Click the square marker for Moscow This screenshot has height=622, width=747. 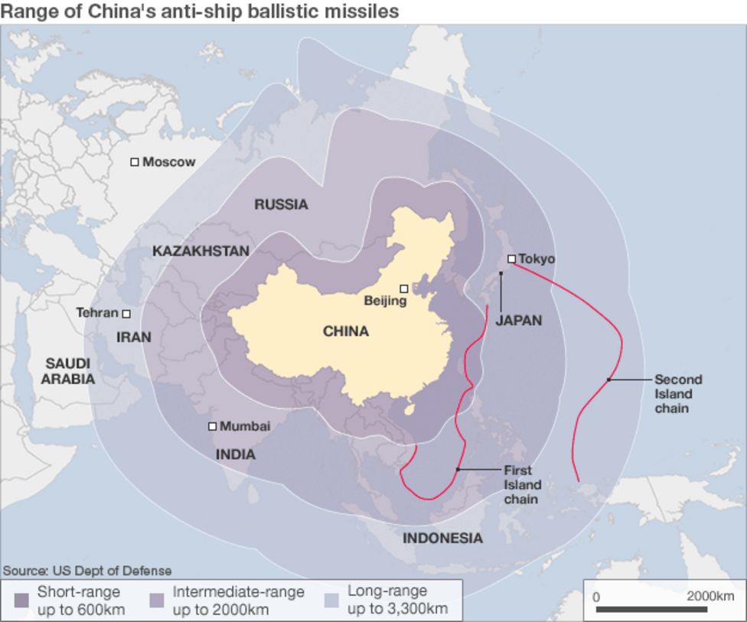point(135,162)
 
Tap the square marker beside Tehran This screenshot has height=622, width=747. point(126,314)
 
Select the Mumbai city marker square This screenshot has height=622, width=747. point(212,426)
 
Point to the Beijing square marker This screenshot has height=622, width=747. point(404,288)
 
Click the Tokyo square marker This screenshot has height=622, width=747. point(511,259)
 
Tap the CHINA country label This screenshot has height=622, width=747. point(345,331)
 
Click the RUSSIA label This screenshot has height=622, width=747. point(281,204)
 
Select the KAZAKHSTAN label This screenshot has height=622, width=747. point(201,251)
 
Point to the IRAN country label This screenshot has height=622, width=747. point(133,337)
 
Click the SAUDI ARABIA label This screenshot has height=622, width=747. point(68,370)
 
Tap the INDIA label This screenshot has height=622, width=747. point(235,454)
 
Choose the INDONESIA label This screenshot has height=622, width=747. point(442,538)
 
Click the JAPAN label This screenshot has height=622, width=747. point(518,321)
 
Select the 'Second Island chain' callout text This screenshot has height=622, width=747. point(677,393)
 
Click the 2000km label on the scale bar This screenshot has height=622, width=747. point(709,596)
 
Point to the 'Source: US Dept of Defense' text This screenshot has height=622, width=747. point(87,571)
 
